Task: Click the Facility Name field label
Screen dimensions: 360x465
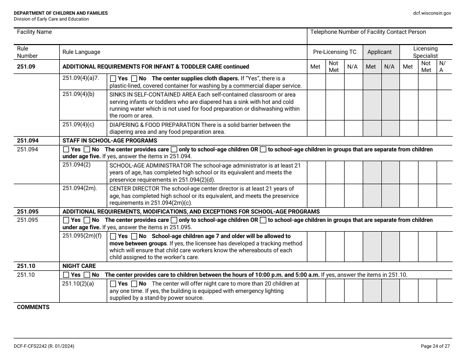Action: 34,32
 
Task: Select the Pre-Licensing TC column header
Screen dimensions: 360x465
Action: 335,52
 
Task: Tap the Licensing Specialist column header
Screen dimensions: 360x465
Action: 425,52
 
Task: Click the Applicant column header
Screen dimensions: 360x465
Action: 379,52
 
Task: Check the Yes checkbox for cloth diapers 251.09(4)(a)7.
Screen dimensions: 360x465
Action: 114,78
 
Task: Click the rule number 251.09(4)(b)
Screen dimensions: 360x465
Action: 78,95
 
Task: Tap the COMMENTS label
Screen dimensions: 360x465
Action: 33,307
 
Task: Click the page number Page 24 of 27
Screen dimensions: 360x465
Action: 436,346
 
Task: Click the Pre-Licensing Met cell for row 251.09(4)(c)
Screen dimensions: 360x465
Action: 316,128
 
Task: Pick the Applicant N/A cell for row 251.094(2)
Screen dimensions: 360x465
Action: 390,172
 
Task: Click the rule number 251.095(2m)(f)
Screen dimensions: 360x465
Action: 82,236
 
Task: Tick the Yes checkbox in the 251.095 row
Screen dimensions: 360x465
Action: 67,220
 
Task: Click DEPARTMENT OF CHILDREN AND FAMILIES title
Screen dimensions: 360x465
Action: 61,13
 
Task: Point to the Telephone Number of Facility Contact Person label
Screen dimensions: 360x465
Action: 368,32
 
